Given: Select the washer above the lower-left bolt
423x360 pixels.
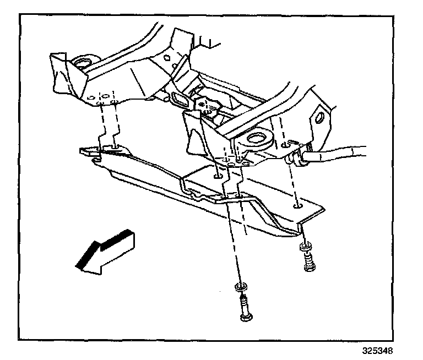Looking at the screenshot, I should [x=241, y=287].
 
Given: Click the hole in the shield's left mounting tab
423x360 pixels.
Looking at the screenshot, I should [x=114, y=147].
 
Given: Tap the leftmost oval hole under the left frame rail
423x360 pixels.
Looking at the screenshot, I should [x=90, y=99].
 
